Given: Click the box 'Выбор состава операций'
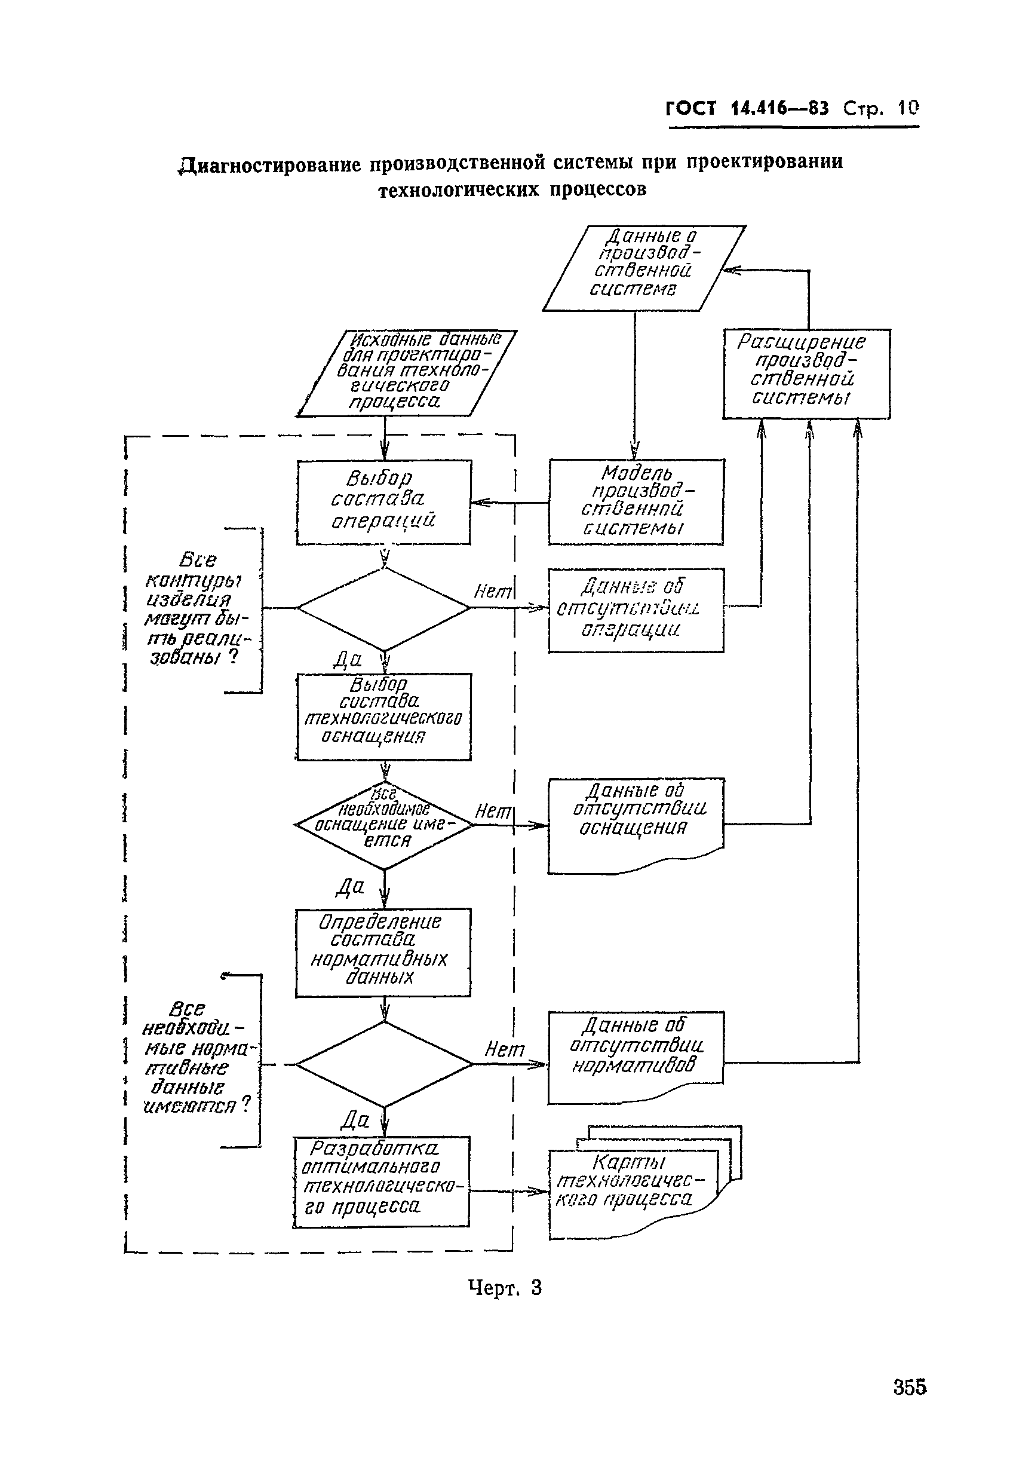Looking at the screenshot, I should point(383,502).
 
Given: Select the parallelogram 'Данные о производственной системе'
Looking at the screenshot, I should point(644,268).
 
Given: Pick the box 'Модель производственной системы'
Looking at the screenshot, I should point(636,502).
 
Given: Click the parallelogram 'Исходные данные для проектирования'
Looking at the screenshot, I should point(407,373).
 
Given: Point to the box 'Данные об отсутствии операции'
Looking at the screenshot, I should point(636,610).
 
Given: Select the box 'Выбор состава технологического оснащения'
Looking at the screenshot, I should point(383,716).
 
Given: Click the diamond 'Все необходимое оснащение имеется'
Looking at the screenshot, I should point(384,825).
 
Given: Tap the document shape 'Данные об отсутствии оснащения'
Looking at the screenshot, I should point(636,820).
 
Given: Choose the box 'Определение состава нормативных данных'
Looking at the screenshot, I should point(382,951).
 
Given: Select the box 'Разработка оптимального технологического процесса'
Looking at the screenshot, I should point(381,1181).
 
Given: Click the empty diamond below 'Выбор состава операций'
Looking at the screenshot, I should point(383,608).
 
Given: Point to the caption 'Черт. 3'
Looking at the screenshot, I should point(505,1288).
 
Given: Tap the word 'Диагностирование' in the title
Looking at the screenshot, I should point(270,165).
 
